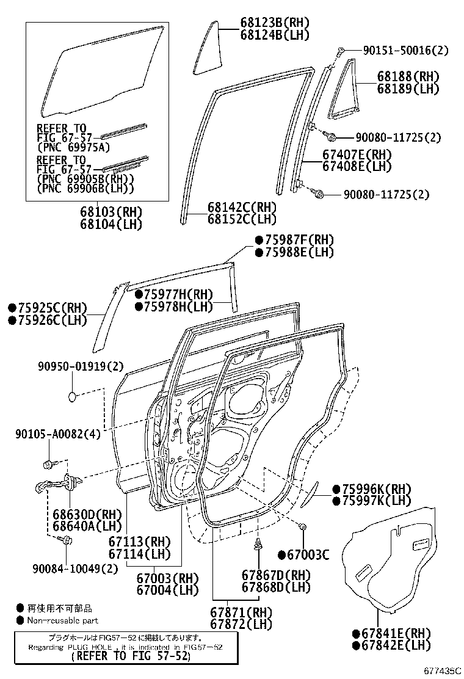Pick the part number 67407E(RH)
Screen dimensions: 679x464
pyautogui.click(x=357, y=155)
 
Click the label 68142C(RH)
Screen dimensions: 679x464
pyautogui.click(x=242, y=207)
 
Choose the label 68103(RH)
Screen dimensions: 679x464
pyautogui.click(x=111, y=212)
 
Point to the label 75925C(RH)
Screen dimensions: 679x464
pyautogui.click(x=48, y=308)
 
